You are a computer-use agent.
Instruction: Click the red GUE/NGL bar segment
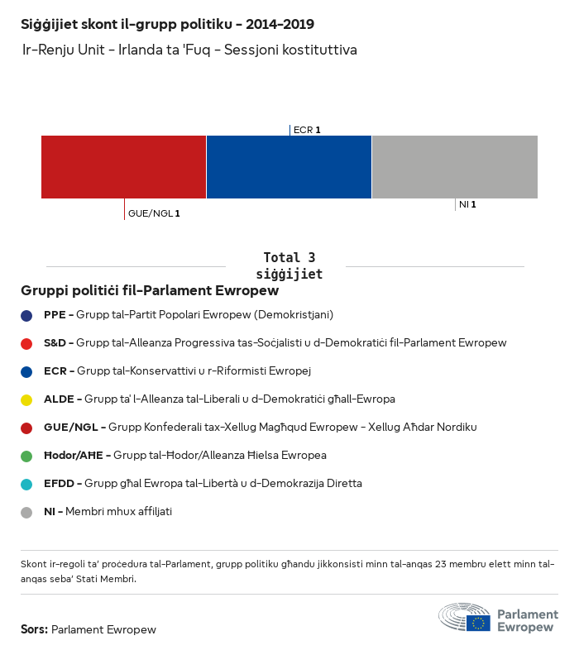(123, 167)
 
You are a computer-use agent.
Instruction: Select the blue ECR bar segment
(289, 167)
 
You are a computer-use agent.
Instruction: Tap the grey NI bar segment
(454, 167)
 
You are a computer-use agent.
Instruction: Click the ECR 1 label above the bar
(306, 130)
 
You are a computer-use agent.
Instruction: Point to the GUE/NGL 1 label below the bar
(154, 213)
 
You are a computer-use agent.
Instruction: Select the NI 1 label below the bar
(467, 204)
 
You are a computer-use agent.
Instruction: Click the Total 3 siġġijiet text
(289, 265)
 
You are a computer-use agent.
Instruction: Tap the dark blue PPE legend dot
(26, 315)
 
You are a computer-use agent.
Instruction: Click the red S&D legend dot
(26, 343)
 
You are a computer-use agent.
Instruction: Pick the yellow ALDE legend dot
(26, 399)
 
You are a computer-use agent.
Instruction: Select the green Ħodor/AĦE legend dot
(26, 456)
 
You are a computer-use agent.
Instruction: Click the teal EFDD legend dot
(26, 484)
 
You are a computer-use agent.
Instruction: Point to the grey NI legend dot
(26, 512)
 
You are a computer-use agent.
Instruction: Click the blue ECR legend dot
(26, 371)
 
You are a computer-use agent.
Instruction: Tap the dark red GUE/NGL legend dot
(26, 428)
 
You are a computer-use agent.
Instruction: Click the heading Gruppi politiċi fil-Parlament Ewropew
(150, 291)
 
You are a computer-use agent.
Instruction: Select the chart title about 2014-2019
(167, 25)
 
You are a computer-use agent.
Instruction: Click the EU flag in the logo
(477, 623)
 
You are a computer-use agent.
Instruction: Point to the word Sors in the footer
(34, 629)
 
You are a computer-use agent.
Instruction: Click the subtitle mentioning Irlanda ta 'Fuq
(189, 50)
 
